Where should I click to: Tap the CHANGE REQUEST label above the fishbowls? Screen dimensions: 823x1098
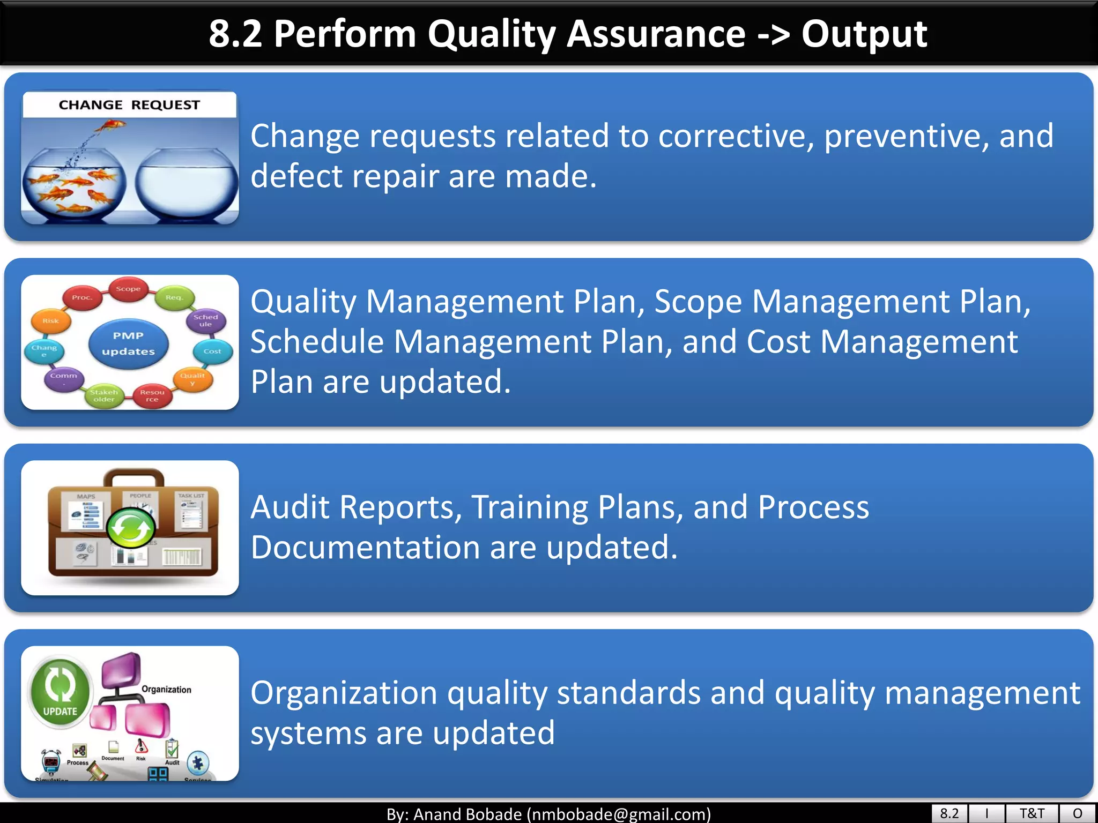click(x=129, y=104)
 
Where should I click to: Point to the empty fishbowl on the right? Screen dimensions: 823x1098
click(x=186, y=184)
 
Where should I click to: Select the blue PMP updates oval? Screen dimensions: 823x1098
click(x=129, y=343)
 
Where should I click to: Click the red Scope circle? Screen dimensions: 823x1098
click(x=128, y=289)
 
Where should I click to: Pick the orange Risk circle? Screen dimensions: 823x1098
click(x=50, y=321)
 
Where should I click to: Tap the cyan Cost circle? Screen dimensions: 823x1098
click(x=212, y=351)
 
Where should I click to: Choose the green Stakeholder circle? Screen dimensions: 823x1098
click(x=104, y=396)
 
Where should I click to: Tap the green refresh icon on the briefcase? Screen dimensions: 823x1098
click(x=131, y=528)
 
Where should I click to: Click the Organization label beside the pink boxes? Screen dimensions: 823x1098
click(x=166, y=690)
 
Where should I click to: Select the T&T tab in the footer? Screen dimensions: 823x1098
click(x=1032, y=813)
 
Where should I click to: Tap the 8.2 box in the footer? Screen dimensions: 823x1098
click(x=949, y=813)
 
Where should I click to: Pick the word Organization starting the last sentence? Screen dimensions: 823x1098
click(x=344, y=693)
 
